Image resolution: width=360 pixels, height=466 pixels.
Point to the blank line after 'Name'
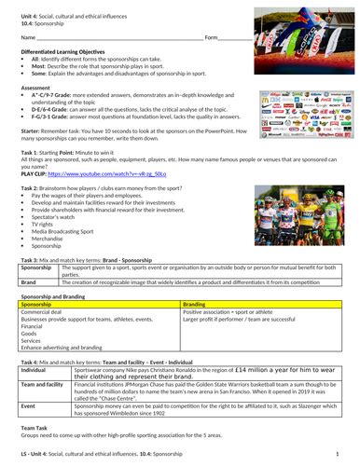[121, 63]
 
